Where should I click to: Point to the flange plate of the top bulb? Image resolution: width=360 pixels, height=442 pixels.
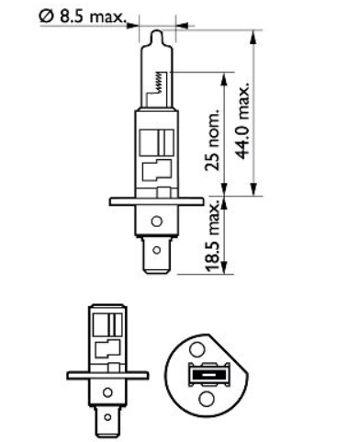154,201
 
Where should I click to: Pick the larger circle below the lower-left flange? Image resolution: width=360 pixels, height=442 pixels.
107,393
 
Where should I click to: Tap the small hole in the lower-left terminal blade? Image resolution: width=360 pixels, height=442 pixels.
107,416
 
